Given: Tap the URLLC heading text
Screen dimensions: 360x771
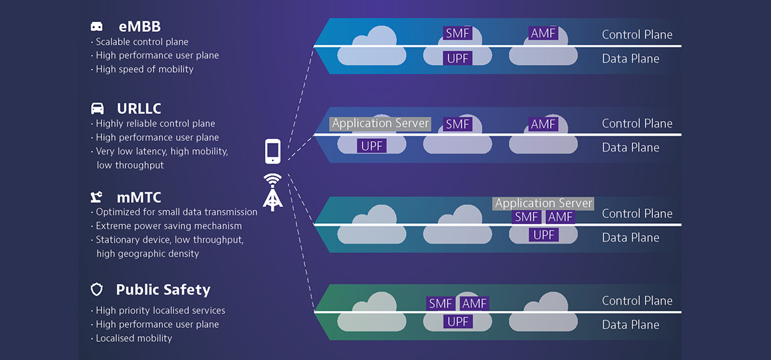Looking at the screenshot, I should click(139, 108).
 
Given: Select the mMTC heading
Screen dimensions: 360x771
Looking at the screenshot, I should click(139, 198).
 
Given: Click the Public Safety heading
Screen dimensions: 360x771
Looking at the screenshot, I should click(163, 290).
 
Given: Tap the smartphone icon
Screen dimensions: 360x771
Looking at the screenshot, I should click(272, 151).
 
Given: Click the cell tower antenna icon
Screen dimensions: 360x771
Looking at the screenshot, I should click(272, 192).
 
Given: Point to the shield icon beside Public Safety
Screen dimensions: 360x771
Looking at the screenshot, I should click(97, 290).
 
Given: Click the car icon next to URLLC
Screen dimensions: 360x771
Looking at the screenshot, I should click(97, 108).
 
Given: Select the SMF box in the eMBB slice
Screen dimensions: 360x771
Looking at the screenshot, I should click(457, 33).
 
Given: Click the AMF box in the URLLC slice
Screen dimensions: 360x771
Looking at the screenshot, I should click(543, 124).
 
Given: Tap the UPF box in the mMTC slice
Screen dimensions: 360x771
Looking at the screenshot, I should click(544, 235).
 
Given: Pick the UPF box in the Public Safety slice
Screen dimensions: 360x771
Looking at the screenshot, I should click(457, 322).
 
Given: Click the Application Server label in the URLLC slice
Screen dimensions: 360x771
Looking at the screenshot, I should click(380, 124).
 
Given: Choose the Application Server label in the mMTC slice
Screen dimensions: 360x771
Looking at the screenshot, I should click(543, 203).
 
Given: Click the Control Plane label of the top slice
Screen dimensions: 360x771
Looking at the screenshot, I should click(637, 35).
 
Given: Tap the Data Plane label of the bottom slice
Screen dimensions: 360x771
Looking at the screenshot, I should click(630, 325).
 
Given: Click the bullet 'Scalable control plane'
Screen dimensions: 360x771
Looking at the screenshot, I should click(142, 42).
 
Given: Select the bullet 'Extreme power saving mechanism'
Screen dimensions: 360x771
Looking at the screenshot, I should click(168, 226).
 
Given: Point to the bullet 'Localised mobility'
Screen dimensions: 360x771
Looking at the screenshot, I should click(134, 339).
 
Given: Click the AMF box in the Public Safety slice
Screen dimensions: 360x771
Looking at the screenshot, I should click(475, 304).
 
